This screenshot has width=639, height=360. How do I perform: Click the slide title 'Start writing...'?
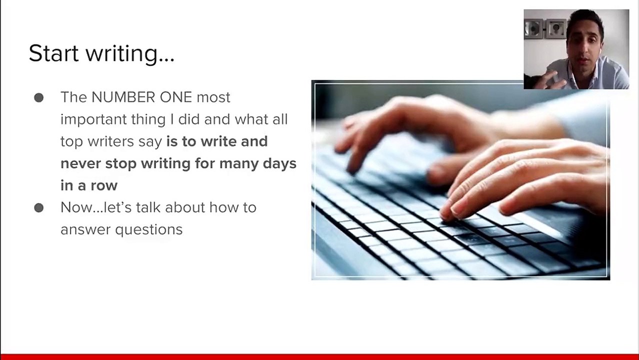101,53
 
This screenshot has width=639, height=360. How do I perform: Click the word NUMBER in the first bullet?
123,97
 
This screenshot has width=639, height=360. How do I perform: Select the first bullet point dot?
39,97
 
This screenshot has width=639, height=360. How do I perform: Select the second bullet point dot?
39,207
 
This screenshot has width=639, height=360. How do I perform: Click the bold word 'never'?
80,163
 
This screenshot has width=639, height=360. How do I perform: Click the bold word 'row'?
104,185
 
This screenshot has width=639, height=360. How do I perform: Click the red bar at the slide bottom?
319,356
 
